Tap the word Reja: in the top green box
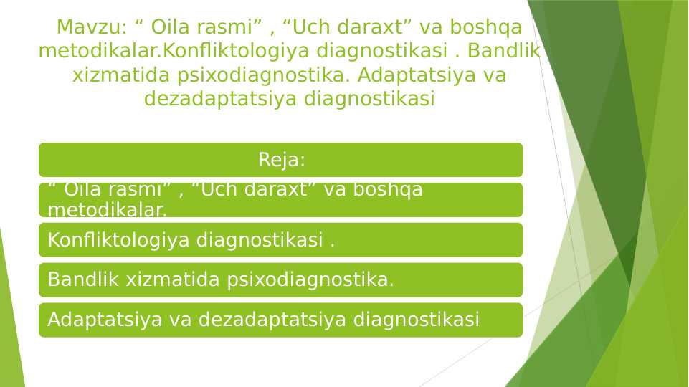coord(281,160)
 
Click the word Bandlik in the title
coord(510,52)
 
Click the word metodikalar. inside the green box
coord(107,210)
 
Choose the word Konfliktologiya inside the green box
coord(119,240)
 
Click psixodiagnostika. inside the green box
coord(310,279)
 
